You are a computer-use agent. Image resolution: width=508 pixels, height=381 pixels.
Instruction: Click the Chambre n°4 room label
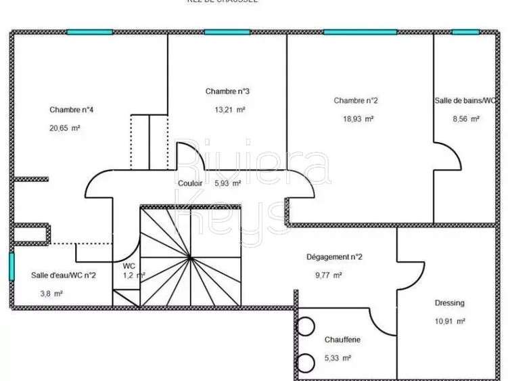[71, 110]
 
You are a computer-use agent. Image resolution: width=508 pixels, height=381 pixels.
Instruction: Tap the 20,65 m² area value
[64, 127]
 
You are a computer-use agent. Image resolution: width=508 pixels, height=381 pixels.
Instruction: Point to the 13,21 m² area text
[230, 109]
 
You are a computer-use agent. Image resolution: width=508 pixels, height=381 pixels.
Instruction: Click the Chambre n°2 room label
[356, 101]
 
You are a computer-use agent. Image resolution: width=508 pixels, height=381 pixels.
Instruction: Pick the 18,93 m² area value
[359, 118]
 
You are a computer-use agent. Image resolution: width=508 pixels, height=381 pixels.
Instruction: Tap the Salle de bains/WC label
[466, 101]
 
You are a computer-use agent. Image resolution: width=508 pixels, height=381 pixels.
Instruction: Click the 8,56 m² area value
[465, 118]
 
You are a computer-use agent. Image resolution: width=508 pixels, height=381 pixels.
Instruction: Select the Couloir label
[190, 183]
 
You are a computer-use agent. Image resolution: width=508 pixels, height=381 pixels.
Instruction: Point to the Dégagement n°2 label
[335, 257]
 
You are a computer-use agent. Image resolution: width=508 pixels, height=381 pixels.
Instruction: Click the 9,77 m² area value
[328, 275]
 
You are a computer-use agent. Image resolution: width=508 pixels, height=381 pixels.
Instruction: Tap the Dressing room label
[450, 303]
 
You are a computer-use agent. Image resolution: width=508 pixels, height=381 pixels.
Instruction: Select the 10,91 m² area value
[450, 321]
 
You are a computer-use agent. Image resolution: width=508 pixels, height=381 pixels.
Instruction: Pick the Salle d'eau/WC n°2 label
[64, 275]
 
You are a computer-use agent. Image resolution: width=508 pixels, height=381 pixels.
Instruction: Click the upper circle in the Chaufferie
[304, 327]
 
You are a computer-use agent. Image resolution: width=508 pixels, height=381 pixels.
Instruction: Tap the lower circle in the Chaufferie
[304, 361]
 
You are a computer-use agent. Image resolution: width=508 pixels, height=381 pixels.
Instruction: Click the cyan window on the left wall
[11, 266]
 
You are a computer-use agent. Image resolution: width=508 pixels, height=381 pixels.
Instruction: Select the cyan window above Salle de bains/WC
[465, 32]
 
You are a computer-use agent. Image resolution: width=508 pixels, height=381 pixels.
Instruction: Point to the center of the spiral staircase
[191, 258]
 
